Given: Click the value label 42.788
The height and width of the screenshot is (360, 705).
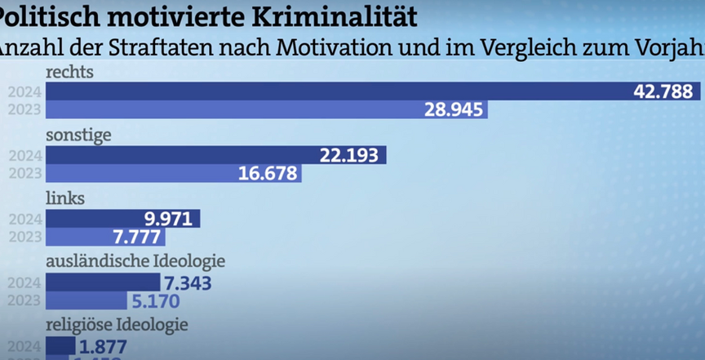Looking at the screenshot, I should pyautogui.click(x=663, y=91).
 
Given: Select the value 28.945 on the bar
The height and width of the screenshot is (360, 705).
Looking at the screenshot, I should pyautogui.click(x=453, y=109).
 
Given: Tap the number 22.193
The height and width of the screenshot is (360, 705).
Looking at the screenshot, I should pyautogui.click(x=351, y=155).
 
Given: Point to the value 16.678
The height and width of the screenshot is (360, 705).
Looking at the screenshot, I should pyautogui.click(x=268, y=173).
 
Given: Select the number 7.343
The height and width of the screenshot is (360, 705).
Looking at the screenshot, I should pyautogui.click(x=188, y=283).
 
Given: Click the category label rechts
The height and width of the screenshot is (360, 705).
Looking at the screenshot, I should pyautogui.click(x=69, y=72).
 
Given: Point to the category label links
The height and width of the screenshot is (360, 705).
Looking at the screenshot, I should pyautogui.click(x=65, y=198).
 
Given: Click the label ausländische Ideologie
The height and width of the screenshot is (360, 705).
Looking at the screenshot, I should pyautogui.click(x=135, y=261).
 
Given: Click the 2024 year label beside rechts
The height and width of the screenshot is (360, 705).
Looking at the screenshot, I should pyautogui.click(x=24, y=91).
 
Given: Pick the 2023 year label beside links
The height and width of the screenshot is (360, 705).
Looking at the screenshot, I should pyautogui.click(x=24, y=237).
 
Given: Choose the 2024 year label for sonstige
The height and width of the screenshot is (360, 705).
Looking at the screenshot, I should pyautogui.click(x=24, y=155).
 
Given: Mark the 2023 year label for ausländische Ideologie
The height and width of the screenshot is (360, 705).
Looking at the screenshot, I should pyautogui.click(x=24, y=301).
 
